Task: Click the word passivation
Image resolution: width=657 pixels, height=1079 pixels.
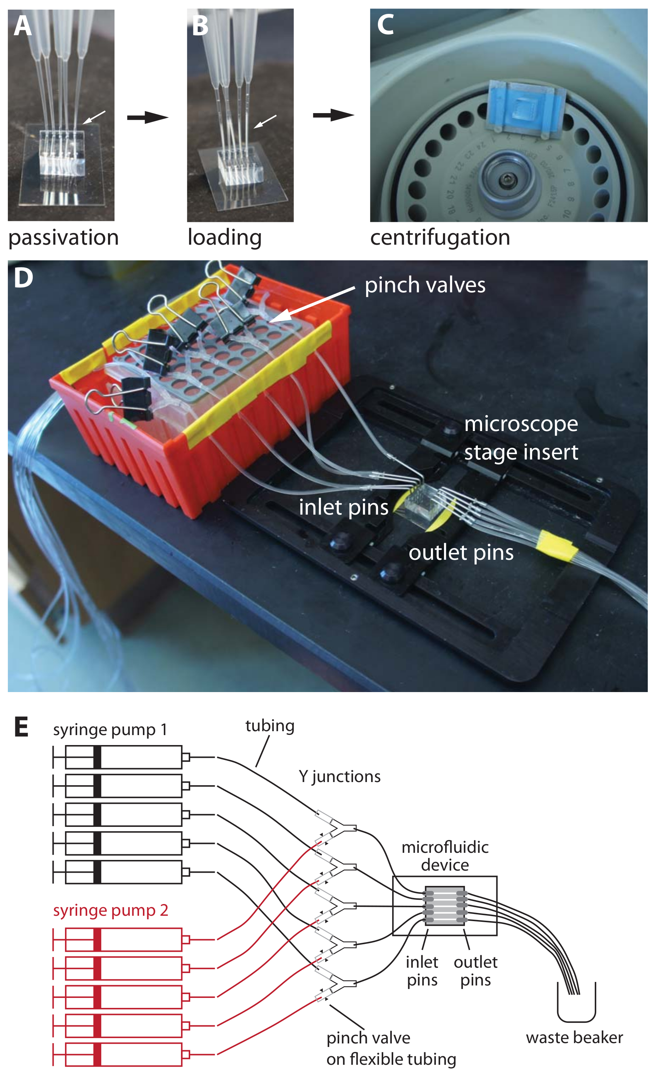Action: tap(64, 238)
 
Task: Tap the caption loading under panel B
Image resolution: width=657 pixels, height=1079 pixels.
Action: tap(225, 238)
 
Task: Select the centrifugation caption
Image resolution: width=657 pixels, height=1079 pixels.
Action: tap(440, 238)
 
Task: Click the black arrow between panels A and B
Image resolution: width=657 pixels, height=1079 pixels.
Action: tap(148, 117)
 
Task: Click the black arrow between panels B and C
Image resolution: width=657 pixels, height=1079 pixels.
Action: tap(333, 115)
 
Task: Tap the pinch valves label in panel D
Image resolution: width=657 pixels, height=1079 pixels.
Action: tap(425, 285)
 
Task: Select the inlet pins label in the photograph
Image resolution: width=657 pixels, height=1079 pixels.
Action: tap(343, 507)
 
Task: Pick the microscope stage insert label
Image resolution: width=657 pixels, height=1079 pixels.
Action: tap(521, 438)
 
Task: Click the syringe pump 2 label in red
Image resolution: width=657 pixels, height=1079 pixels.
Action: tap(110, 910)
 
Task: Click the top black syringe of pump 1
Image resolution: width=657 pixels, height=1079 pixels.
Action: tap(123, 757)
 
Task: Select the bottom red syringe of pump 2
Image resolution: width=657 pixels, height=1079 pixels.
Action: tap(123, 1054)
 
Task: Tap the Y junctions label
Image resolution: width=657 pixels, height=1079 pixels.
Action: tap(340, 776)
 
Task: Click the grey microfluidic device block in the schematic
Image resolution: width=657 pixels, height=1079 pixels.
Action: tap(445, 905)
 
